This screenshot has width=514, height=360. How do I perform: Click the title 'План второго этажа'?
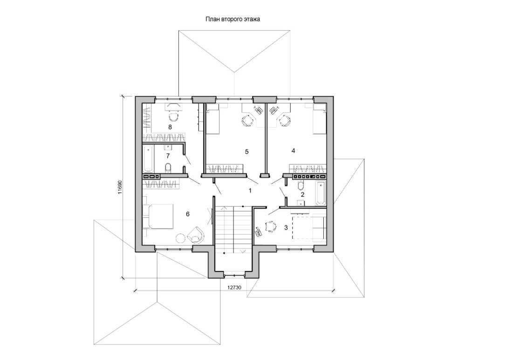point(233,19)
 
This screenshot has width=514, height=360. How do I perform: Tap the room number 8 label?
point(170,127)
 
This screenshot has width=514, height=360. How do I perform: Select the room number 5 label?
point(247,152)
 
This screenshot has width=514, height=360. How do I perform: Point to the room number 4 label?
point(294,151)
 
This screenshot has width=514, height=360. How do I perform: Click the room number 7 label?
point(168,156)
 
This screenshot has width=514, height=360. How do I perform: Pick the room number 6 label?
point(187,214)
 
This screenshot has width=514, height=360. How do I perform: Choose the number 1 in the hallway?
point(250,190)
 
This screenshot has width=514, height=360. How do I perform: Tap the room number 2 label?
point(302,195)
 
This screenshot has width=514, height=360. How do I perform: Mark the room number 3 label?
point(286,227)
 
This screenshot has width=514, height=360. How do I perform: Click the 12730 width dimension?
point(234,287)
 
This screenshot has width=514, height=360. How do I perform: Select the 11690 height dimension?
point(120,188)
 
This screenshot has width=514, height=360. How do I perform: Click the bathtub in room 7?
point(148,159)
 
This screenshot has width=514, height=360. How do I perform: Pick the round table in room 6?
point(181,238)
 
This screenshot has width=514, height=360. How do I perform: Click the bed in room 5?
point(213,119)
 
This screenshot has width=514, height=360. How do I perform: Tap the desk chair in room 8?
point(173,116)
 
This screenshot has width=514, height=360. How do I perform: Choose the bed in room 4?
point(320,119)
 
